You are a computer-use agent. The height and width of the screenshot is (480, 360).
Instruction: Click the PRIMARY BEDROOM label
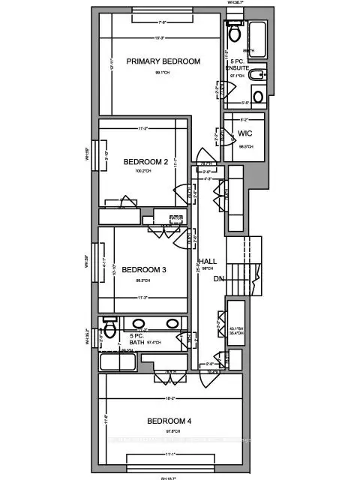click(x=163, y=61)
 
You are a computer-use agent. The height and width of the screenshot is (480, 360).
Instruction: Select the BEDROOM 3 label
click(x=143, y=270)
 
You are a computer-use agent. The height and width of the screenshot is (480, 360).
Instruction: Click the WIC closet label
click(x=244, y=133)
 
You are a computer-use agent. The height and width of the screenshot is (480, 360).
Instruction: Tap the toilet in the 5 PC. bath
click(x=109, y=328)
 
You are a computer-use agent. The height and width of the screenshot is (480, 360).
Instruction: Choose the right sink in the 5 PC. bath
click(x=172, y=324)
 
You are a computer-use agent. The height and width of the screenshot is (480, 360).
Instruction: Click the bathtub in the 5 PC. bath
click(x=116, y=363)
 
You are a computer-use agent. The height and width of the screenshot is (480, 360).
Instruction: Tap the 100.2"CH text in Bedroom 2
click(x=143, y=172)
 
